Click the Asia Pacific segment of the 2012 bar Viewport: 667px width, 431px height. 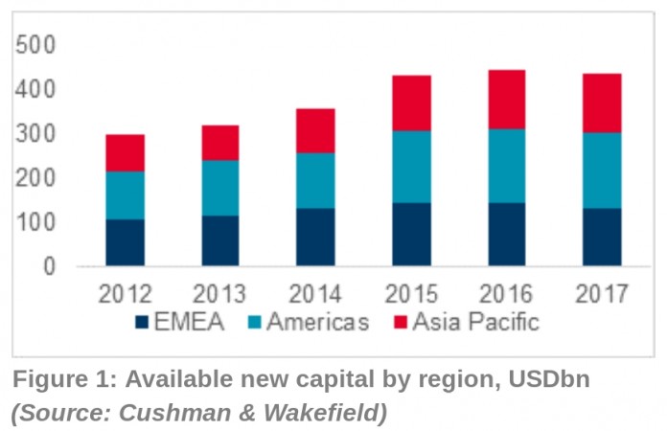pyautogui.click(x=125, y=152)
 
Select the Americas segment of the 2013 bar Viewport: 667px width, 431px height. pyautogui.click(x=219, y=188)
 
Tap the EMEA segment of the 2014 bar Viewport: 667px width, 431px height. pyautogui.click(x=314, y=237)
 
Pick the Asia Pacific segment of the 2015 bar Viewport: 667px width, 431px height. pyautogui.click(x=410, y=102)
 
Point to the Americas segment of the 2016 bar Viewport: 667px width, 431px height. pyautogui.click(x=506, y=166)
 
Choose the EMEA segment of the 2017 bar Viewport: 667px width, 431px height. pyautogui.click(x=602, y=237)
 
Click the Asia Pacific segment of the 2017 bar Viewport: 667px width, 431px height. pyautogui.click(x=602, y=102)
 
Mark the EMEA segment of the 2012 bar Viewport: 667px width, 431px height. pyautogui.click(x=125, y=242)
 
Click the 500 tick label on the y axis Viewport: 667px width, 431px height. pyautogui.click(x=37, y=45)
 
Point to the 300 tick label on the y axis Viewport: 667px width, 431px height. pyautogui.click(x=37, y=134)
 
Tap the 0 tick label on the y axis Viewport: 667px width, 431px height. pyautogui.click(x=49, y=266)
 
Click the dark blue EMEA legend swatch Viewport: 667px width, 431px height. pyautogui.click(x=143, y=323)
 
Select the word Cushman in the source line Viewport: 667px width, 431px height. pyautogui.click(x=156, y=414)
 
